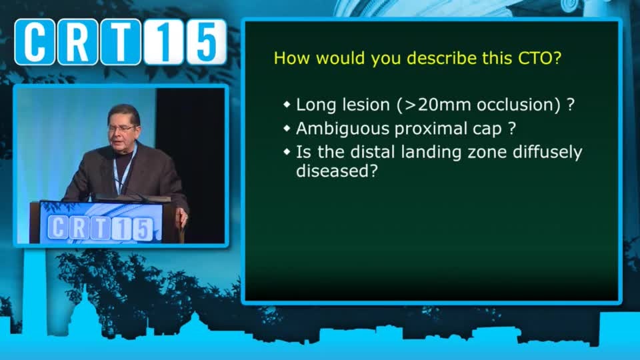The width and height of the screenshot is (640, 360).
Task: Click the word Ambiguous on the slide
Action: (x=343, y=129)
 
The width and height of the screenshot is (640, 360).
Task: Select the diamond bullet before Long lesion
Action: (x=287, y=105)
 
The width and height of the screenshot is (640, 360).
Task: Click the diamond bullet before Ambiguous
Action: (x=287, y=129)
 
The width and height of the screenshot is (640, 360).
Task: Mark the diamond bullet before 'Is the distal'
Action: (x=287, y=152)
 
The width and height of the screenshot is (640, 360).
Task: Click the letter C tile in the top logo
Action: (x=35, y=41)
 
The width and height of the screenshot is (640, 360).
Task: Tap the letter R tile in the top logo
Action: (x=77, y=42)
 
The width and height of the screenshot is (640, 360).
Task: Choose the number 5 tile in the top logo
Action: (x=206, y=41)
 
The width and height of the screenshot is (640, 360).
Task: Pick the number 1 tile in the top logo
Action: (x=163, y=42)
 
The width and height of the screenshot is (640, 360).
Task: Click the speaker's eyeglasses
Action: (x=121, y=129)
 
